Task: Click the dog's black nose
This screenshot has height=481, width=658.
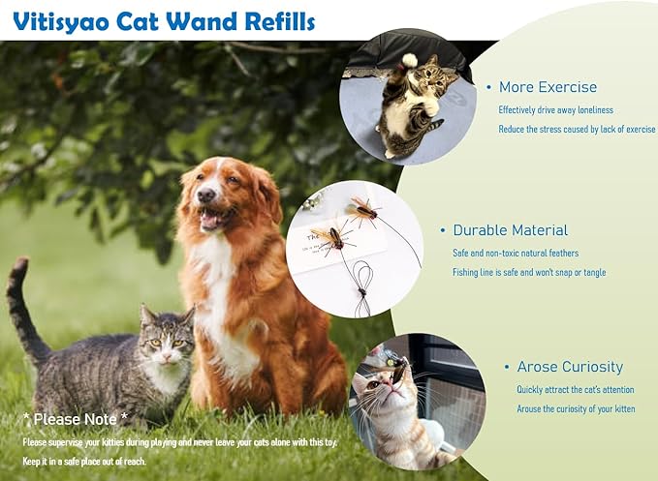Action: point(205,196)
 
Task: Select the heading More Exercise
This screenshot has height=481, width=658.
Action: point(548,87)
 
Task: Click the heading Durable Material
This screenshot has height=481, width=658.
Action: point(510,230)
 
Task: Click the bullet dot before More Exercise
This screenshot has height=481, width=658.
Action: point(488,88)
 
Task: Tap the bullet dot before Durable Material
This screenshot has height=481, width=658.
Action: point(443,231)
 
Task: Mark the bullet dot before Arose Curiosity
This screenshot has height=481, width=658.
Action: point(507,368)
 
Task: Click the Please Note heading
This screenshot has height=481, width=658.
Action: point(76,419)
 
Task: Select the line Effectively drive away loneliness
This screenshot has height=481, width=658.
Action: point(555,109)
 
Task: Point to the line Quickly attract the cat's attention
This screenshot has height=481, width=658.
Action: point(576,389)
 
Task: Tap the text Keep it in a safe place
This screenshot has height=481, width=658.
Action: point(84,462)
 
